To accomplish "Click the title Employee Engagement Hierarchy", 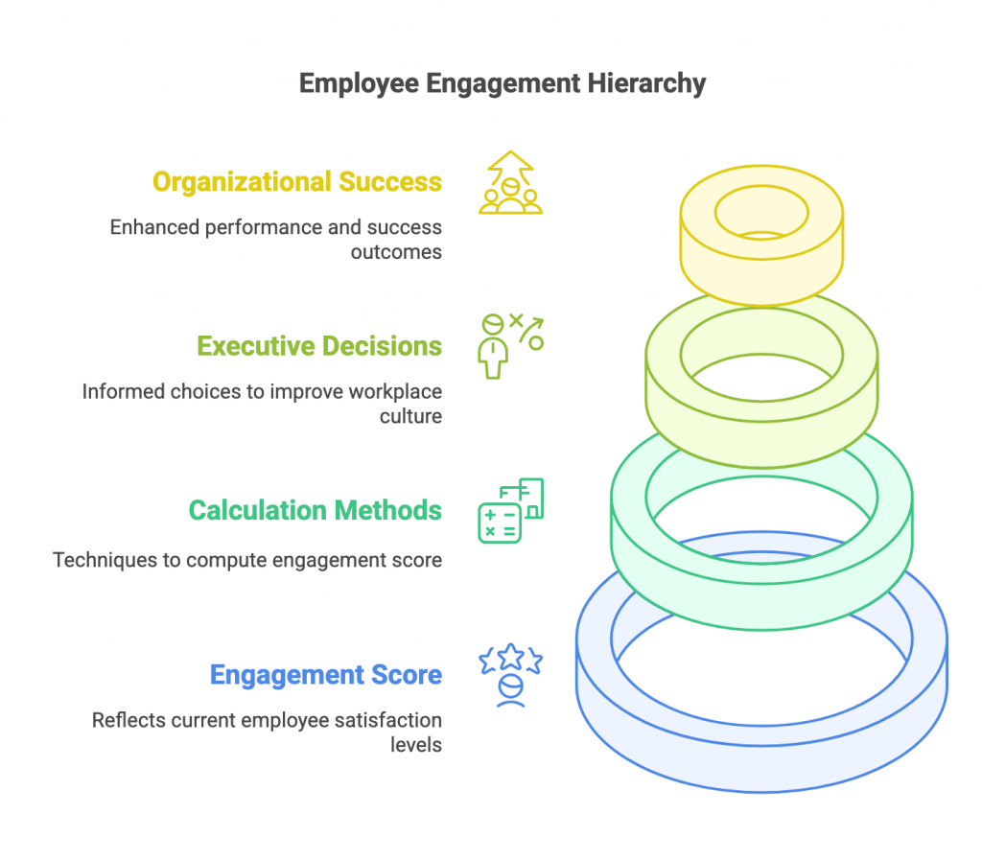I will tap(502, 83).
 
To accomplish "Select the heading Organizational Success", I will tap(297, 181).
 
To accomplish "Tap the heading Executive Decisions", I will tap(319, 345).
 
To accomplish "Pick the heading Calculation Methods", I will tap(315, 510).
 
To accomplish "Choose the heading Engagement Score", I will tap(326, 675).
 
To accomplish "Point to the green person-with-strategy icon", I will tap(509, 346).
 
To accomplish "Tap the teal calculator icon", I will tap(510, 511).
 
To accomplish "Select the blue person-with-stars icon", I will tap(510, 676).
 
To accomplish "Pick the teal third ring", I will tap(761, 575).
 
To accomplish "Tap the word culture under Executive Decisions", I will tap(411, 416).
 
